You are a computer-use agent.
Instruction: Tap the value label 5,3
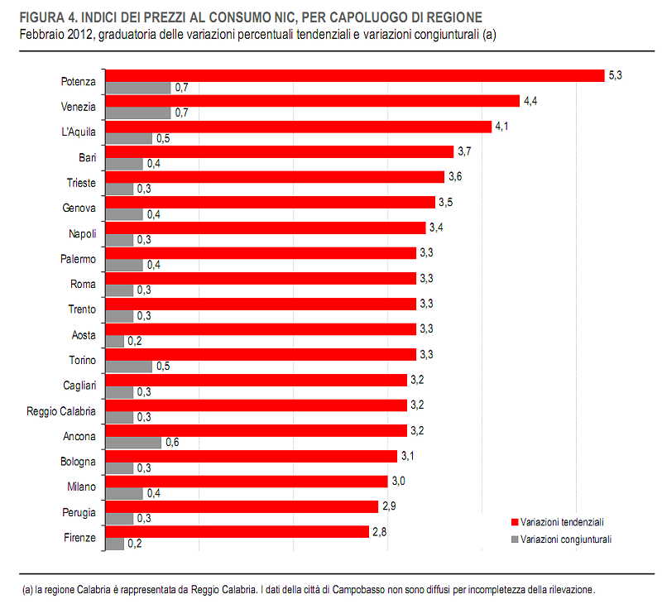point(615,75)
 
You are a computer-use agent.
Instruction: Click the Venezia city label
point(79,107)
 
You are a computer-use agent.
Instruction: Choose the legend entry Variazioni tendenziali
point(562,522)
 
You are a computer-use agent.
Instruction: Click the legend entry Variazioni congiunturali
point(566,539)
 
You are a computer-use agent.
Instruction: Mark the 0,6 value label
point(172,443)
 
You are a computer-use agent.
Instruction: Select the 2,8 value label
point(380,531)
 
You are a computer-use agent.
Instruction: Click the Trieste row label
point(81,183)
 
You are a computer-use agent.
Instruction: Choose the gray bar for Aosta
point(114,341)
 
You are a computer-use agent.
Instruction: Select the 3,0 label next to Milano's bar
point(399,481)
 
